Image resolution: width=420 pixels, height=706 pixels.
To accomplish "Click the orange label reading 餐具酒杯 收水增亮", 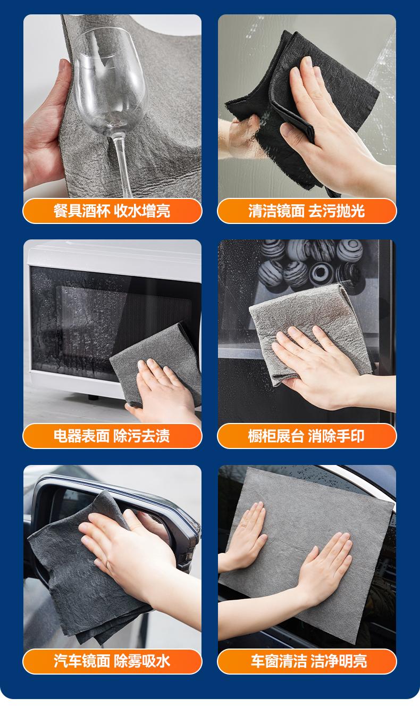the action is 112,211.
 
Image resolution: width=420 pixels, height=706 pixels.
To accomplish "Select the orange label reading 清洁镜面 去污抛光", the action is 307,211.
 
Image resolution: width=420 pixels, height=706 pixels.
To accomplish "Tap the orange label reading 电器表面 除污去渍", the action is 112,436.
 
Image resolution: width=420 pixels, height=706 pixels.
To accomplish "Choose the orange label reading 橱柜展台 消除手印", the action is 307,436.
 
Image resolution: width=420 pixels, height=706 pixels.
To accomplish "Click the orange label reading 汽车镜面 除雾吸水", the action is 112,661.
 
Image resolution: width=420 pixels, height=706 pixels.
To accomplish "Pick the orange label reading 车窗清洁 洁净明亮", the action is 307,661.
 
